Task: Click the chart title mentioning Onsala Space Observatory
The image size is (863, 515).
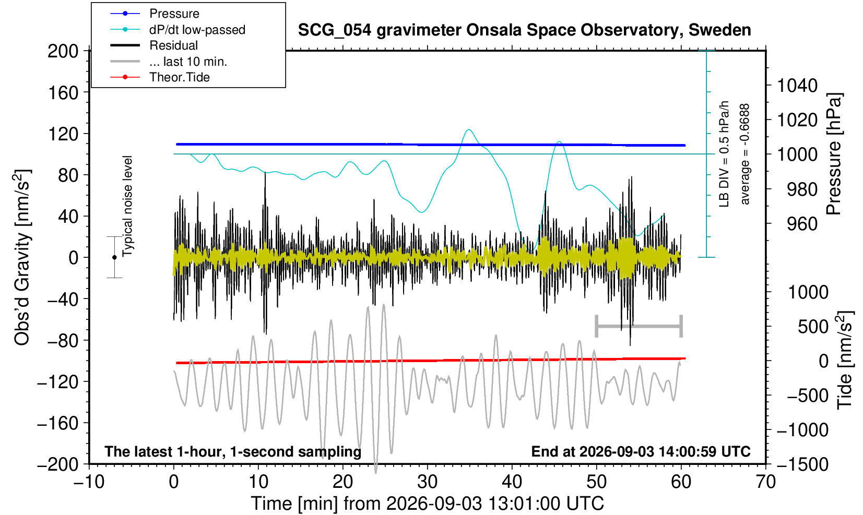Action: pos(524,30)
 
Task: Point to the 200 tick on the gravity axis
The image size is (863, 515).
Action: pos(63,51)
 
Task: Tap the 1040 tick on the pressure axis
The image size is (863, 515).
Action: pos(797,86)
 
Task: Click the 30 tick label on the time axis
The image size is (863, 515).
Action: pos(427,482)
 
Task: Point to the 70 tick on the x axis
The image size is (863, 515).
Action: pos(765,482)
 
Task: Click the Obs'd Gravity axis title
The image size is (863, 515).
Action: pos(22,257)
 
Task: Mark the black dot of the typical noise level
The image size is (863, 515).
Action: pos(114,257)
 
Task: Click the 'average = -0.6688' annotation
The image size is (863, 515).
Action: pos(744,154)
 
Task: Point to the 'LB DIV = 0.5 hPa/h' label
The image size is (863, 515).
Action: pos(724,154)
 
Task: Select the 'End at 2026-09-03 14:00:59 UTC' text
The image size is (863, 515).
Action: pos(641,451)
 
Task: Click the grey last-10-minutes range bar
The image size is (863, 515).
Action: pos(639,326)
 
